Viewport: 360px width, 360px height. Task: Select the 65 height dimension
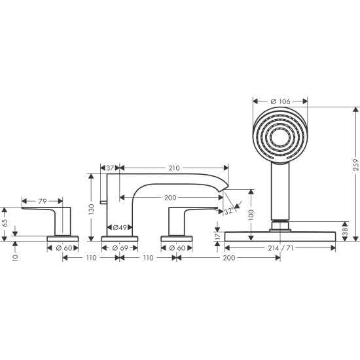point(6,222)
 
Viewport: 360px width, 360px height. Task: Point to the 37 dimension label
point(111,168)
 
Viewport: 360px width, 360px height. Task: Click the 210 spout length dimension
point(173,168)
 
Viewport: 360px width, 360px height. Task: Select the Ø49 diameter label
point(119,227)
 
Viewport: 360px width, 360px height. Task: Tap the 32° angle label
point(228,211)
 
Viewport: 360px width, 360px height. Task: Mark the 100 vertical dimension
point(251,214)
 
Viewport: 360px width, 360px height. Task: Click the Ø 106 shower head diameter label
point(280,101)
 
